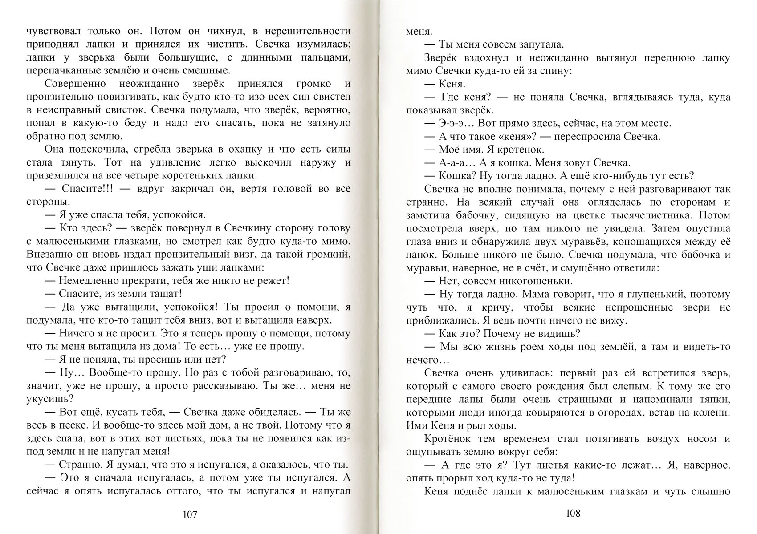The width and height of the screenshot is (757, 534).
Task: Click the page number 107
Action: (190, 515)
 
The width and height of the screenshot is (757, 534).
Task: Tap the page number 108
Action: (573, 513)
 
